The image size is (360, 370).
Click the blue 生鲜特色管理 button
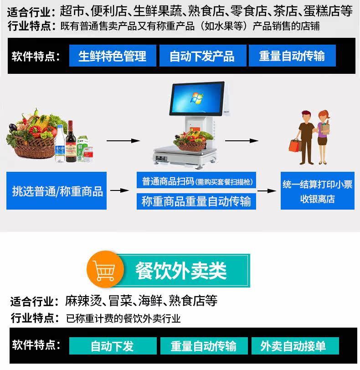pyautogui.click(x=113, y=56)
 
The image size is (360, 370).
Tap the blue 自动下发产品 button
pyautogui.click(x=202, y=56)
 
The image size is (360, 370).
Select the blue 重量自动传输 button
pyautogui.click(x=292, y=56)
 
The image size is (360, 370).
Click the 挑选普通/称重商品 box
pyautogui.click(x=57, y=190)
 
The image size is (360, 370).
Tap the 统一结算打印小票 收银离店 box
pyautogui.click(x=317, y=191)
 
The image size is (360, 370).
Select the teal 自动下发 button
pyautogui.click(x=113, y=346)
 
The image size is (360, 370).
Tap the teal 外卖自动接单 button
pyautogui.click(x=295, y=346)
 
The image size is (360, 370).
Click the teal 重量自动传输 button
pyautogui.click(x=204, y=346)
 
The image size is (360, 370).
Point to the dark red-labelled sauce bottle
pyautogui.click(x=71, y=142)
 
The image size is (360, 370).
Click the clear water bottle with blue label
pyautogui.click(x=60, y=145)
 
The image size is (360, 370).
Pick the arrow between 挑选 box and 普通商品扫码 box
pyautogui.click(x=119, y=190)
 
